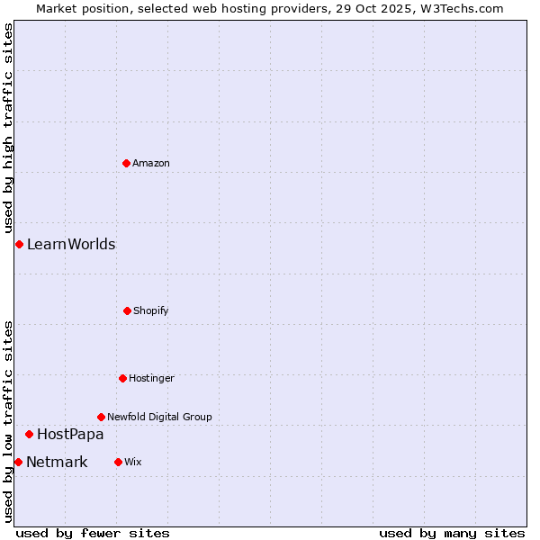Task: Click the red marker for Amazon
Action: click(126, 163)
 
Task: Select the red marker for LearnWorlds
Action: click(19, 244)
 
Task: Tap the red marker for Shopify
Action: click(127, 310)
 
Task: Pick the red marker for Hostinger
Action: click(122, 378)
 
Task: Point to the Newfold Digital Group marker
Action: click(101, 417)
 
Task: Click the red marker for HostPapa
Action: click(29, 434)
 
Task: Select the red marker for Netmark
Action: click(18, 462)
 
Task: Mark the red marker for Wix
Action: click(118, 462)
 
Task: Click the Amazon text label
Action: click(151, 163)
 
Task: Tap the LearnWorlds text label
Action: click(71, 244)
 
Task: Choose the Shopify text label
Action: click(151, 310)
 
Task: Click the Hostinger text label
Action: click(151, 378)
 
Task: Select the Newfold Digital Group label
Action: click(160, 417)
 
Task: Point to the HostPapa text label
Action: click(70, 434)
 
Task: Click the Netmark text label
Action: click(58, 462)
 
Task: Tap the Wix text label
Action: click(133, 462)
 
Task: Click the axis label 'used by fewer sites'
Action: click(93, 533)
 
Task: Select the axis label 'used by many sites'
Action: click(452, 533)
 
